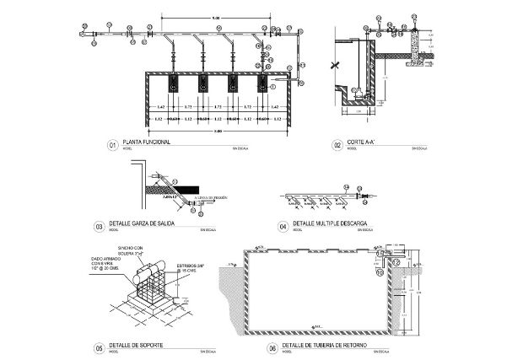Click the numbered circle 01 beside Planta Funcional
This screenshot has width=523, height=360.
111,145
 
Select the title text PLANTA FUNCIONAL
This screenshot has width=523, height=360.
148,142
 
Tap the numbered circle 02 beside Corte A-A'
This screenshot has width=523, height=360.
337,145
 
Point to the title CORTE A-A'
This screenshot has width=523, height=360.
362,142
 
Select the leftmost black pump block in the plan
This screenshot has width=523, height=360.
172,84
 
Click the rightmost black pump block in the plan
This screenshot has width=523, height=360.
262,84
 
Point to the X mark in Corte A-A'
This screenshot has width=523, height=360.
336,64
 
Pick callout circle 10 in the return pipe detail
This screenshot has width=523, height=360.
380,272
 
